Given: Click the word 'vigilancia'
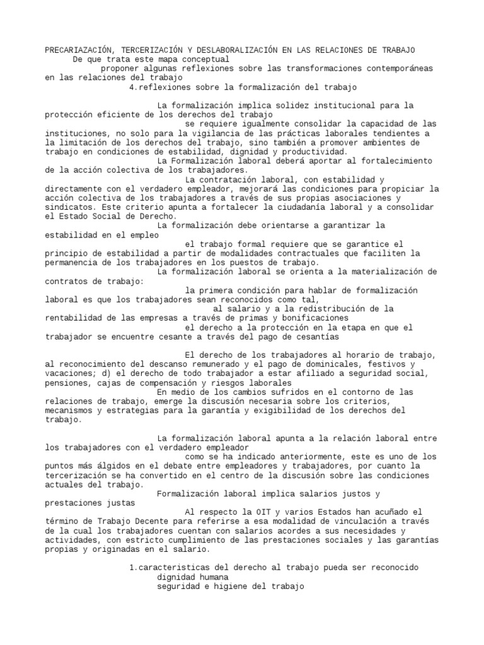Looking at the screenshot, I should (x=201, y=134).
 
